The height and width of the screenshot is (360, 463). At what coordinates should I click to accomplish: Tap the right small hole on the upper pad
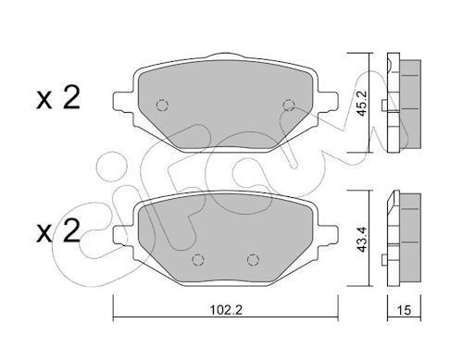coord(286,104)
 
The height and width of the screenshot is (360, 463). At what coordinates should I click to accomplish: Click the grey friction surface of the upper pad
coord(223,111)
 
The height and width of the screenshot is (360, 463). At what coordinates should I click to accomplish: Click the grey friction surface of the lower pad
coord(223,236)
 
